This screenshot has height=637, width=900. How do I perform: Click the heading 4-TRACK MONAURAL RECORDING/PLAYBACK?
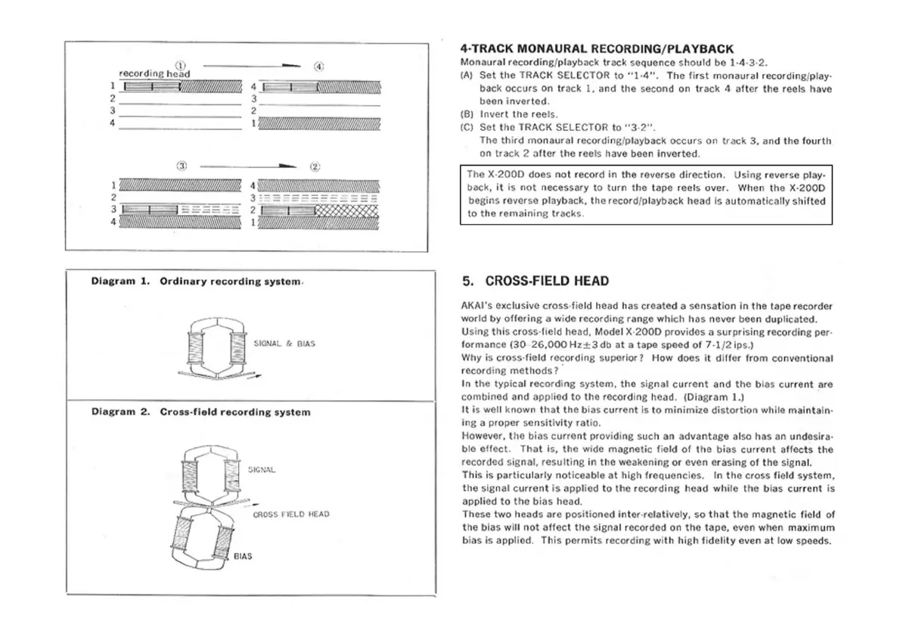[597, 48]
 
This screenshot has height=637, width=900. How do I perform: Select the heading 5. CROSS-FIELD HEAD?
[535, 281]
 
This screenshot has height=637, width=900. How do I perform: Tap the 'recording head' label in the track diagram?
[154, 73]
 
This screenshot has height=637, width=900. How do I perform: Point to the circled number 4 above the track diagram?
[319, 66]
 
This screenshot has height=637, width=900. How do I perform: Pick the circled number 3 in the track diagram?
[181, 166]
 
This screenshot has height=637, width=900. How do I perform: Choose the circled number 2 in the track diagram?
[315, 166]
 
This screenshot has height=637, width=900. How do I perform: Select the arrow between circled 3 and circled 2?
[250, 166]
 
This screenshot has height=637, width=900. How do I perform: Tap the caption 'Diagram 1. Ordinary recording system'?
[197, 281]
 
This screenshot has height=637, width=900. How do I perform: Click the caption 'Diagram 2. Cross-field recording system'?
[200, 412]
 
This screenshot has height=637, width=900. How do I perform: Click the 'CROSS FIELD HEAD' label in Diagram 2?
[290, 514]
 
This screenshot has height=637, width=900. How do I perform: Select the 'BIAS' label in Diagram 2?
[242, 556]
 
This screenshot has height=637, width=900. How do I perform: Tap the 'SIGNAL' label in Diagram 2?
[262, 470]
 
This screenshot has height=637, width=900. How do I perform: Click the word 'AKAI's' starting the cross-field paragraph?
[476, 306]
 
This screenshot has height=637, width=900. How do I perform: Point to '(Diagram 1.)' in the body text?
[715, 396]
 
